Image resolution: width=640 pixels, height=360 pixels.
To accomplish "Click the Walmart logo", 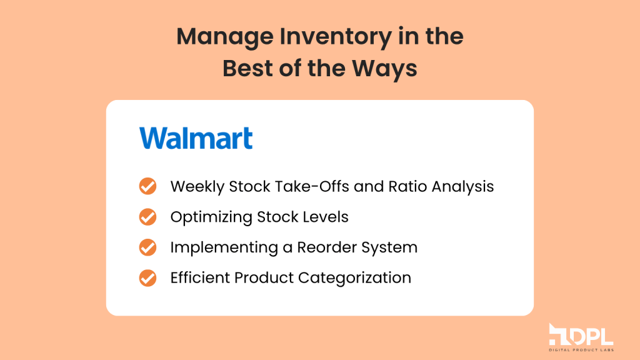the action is [x=196, y=138].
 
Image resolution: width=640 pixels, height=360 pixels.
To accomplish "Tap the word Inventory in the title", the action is [x=336, y=36].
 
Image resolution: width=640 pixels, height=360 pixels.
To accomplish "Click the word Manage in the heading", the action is [x=225, y=37].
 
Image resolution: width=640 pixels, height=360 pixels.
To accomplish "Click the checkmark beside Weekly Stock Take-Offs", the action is [x=147, y=186].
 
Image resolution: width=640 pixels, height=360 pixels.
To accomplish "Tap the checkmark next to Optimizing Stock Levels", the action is [x=147, y=217].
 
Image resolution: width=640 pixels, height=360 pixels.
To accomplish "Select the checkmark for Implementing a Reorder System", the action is [x=147, y=247].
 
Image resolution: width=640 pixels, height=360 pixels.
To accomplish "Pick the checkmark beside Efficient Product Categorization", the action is [x=147, y=278].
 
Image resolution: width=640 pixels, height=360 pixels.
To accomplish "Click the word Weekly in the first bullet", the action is [x=197, y=187].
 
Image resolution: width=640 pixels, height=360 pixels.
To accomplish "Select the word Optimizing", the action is [x=211, y=217].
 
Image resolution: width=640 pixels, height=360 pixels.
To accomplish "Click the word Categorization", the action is [x=355, y=278].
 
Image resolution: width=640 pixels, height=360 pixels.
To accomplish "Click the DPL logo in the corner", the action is [x=581, y=337].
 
